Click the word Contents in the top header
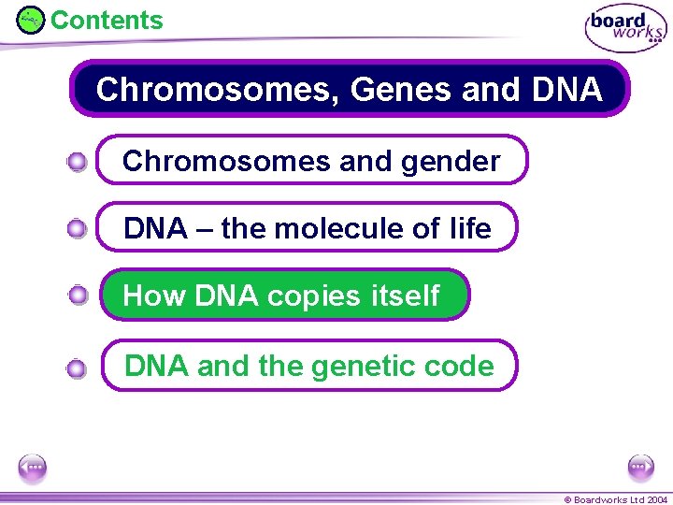107,20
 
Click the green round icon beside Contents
31,20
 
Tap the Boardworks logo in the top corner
625,29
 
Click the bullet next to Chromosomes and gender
78,163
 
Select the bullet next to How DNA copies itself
79,296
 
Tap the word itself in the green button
405,296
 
